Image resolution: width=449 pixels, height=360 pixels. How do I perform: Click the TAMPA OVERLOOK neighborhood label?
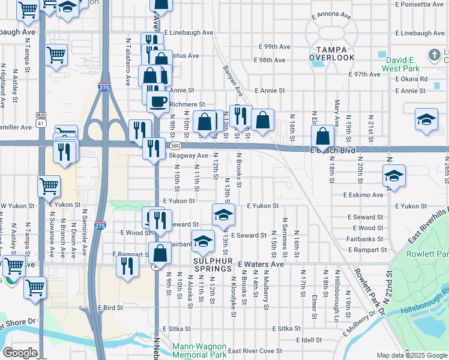(332, 52)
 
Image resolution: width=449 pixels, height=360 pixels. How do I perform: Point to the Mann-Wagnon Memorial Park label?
(199, 350)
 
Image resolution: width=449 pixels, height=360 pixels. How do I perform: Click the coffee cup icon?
(158, 101)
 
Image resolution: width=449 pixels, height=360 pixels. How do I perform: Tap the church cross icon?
(435, 56)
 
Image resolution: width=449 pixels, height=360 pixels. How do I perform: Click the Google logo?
(20, 353)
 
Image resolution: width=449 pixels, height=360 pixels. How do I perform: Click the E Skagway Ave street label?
(187, 155)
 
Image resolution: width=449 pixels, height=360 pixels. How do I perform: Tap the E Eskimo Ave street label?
(363, 195)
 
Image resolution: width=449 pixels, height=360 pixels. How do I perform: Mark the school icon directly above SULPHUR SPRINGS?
(203, 241)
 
